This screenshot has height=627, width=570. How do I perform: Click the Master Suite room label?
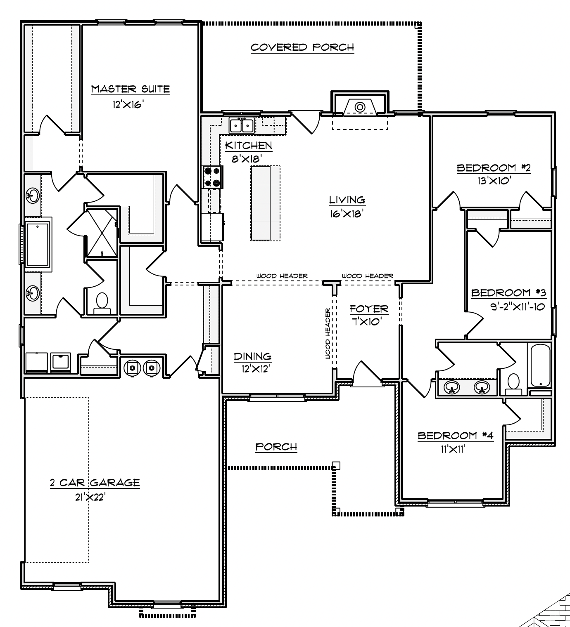(x=130, y=89)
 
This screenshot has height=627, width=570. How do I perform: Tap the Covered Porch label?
(x=302, y=47)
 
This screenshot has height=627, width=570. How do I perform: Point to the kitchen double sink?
(x=241, y=125)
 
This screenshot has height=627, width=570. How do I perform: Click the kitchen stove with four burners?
(x=212, y=177)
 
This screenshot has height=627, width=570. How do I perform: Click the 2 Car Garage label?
(x=95, y=483)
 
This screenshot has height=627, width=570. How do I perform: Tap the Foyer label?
(x=369, y=309)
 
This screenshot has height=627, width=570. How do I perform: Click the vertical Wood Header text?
(x=328, y=334)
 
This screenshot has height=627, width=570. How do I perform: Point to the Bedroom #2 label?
(x=493, y=168)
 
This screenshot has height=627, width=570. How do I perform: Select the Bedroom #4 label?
(x=455, y=436)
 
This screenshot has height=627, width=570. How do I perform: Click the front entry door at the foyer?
(x=367, y=375)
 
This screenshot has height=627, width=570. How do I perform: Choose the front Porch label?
(x=276, y=447)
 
